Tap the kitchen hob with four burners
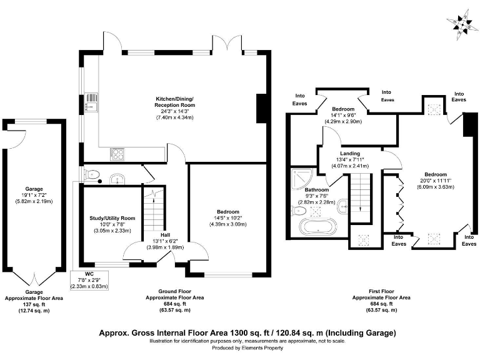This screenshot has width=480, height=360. [x=117, y=153]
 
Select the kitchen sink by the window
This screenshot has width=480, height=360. [x=91, y=101]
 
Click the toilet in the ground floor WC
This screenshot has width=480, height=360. [x=91, y=175]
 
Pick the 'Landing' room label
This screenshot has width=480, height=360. [x=349, y=153]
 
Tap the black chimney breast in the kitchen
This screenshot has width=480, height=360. [x=261, y=107]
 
